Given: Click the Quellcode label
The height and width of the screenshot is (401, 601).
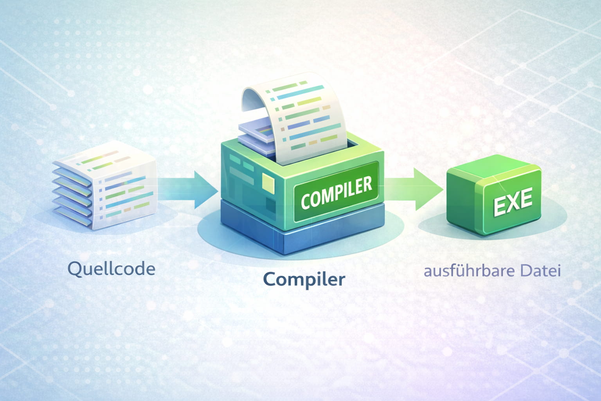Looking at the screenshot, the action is pos(112,269).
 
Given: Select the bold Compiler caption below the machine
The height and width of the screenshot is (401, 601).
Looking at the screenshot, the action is pos(304,280).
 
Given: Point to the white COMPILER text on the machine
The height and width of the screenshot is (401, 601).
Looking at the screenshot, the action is pos(336,193).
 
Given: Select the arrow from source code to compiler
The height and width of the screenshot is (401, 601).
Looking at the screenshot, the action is pos(188,190).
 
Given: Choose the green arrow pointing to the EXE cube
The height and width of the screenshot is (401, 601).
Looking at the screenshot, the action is pos(414,189).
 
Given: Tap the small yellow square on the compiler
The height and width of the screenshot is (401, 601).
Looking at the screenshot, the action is pos(268,182).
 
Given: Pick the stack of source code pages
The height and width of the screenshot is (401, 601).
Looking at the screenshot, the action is pos(104,185).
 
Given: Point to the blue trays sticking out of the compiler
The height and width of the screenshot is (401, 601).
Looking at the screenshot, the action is pos(256,137).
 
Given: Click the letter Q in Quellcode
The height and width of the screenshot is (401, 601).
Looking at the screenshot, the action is pos(75,269).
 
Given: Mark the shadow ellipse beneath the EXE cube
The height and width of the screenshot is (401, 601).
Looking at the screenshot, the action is pos(493,220).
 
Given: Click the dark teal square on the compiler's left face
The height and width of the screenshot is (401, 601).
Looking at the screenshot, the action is pos(271,206).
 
